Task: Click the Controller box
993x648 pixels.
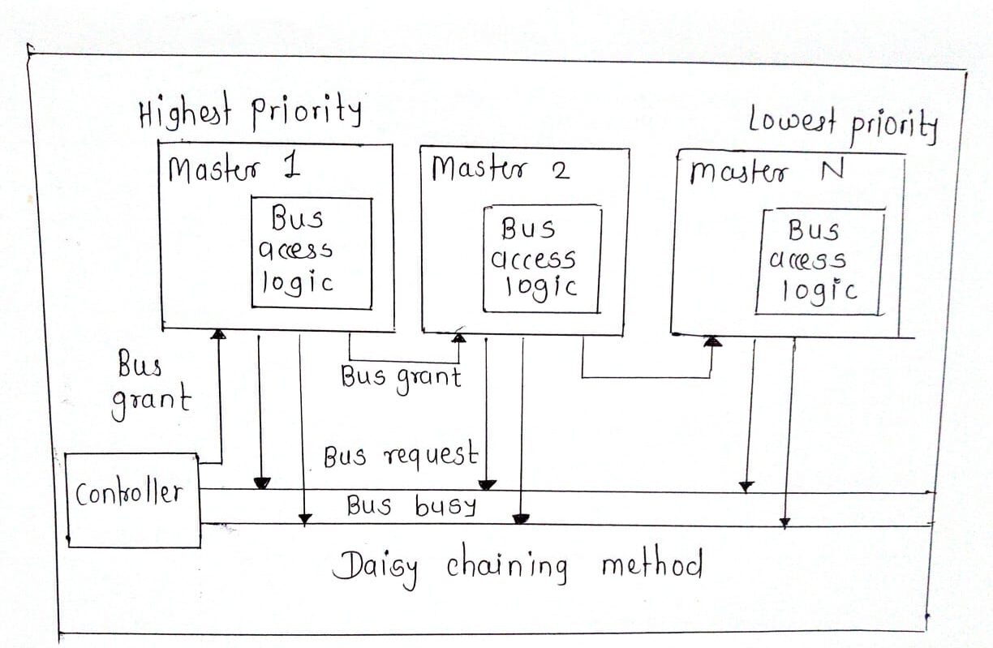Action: coord(133,500)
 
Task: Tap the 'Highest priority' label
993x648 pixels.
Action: coord(249,113)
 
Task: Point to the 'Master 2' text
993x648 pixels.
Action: coord(500,170)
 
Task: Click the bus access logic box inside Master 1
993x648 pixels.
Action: coord(312,252)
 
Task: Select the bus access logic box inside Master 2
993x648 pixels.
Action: coord(542,259)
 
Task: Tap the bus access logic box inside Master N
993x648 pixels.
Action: coord(819,261)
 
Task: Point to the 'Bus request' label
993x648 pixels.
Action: coord(400,457)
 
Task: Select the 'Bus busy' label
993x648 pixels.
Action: coord(411,506)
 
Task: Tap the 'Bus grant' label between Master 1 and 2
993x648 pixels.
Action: coord(401,377)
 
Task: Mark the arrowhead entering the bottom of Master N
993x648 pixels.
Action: coord(712,341)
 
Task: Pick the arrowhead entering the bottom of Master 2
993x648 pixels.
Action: coord(459,337)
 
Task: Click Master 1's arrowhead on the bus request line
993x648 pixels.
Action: coord(261,483)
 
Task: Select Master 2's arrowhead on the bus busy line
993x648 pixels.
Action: coord(522,518)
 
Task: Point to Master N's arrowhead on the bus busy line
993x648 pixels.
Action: coord(785,523)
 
